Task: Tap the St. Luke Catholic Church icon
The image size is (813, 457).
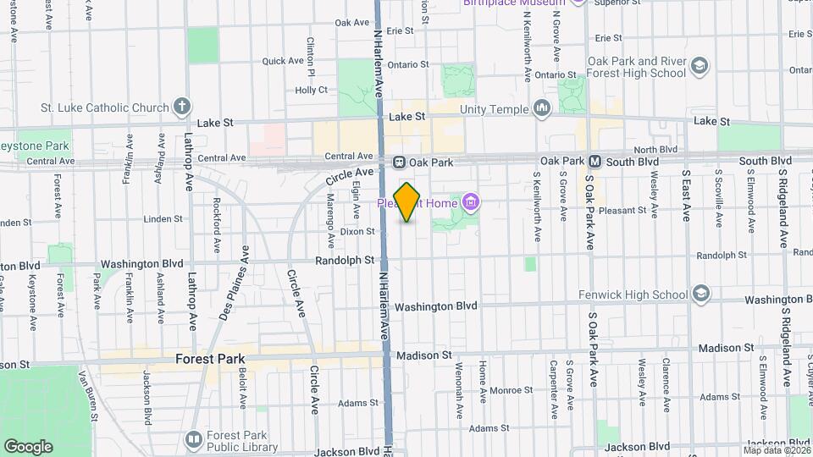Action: (x=181, y=107)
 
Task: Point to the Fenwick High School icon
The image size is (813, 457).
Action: (x=700, y=294)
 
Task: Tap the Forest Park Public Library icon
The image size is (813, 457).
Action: (x=193, y=439)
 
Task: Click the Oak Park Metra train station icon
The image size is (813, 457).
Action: (x=399, y=161)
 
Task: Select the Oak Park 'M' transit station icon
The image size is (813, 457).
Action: (x=595, y=161)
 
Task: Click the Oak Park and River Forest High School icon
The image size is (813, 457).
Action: (x=700, y=66)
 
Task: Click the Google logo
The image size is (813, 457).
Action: (x=28, y=446)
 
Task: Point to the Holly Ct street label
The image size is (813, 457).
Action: (x=311, y=90)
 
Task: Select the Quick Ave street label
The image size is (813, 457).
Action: (x=283, y=61)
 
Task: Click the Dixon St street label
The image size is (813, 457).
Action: (x=357, y=231)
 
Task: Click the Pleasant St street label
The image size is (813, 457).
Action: (x=622, y=210)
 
